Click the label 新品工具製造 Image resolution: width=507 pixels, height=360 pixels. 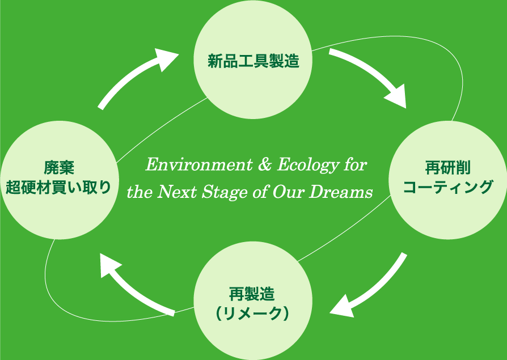click(x=253, y=61)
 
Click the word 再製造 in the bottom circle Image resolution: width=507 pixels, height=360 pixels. click(x=253, y=294)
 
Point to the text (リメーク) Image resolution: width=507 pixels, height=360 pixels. click(x=253, y=314)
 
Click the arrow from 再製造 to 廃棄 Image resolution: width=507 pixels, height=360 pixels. click(x=136, y=286)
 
